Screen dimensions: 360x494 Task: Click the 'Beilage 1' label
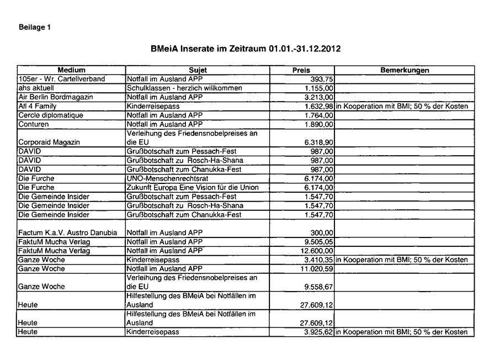[35, 27]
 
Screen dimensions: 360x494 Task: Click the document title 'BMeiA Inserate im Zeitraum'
[246, 49]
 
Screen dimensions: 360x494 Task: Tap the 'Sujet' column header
[198, 70]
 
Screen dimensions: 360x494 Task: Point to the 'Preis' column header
[301, 70]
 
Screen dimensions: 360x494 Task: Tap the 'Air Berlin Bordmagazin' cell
[56, 97]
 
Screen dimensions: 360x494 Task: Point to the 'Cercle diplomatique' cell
[51, 115]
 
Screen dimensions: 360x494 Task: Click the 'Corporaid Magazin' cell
[49, 142]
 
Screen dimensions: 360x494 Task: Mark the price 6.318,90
[317, 142]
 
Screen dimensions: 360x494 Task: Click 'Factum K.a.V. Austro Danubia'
[68, 232]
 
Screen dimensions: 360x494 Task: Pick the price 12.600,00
[315, 251]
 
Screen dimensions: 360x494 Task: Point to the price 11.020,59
[315, 268]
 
